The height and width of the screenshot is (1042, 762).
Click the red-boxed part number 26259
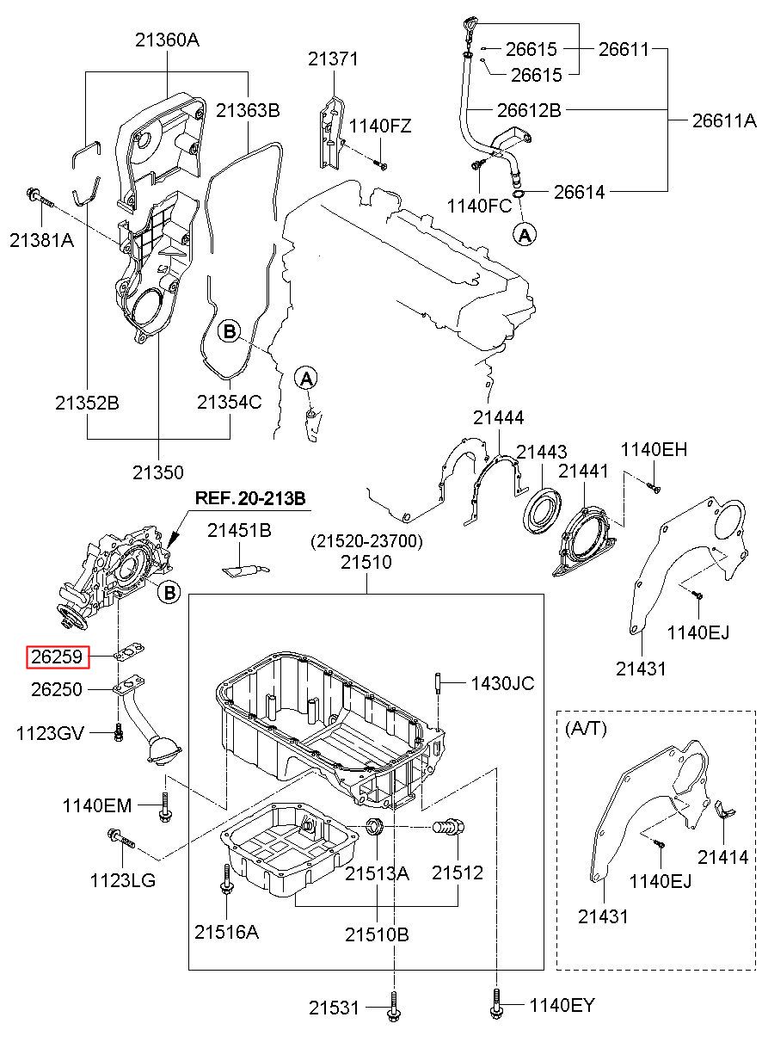57,657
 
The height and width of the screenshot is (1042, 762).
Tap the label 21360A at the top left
168,40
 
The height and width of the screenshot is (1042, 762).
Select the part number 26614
580,192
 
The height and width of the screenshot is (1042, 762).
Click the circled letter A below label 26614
525,234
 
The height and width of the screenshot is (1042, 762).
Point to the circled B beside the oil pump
169,593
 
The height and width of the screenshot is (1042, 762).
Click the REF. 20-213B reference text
250,498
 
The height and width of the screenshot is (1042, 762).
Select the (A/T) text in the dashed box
586,728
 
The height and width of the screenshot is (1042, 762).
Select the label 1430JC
502,683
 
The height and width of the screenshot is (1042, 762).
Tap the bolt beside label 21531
394,1006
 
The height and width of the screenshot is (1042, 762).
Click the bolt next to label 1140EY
496,1005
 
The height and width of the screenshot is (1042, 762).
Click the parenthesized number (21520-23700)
367,541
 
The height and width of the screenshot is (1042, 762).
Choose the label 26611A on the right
724,120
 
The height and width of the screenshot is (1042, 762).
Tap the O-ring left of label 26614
519,193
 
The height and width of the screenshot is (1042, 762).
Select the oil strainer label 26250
57,689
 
